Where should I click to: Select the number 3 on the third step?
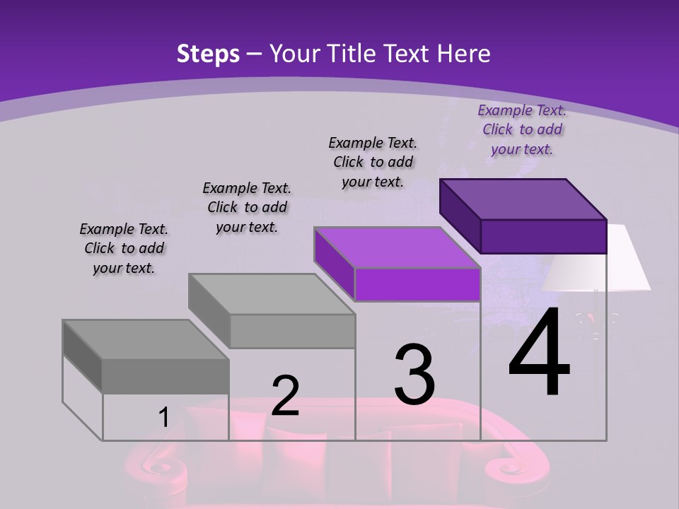(414, 374)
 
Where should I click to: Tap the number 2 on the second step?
(285, 395)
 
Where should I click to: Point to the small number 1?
(163, 418)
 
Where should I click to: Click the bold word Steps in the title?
(208, 54)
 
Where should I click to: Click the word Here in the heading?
(464, 54)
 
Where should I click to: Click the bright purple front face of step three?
(417, 285)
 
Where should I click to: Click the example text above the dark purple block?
(522, 129)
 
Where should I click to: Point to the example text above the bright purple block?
(373, 162)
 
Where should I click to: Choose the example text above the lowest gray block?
(124, 248)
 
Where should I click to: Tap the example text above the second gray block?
(247, 207)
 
